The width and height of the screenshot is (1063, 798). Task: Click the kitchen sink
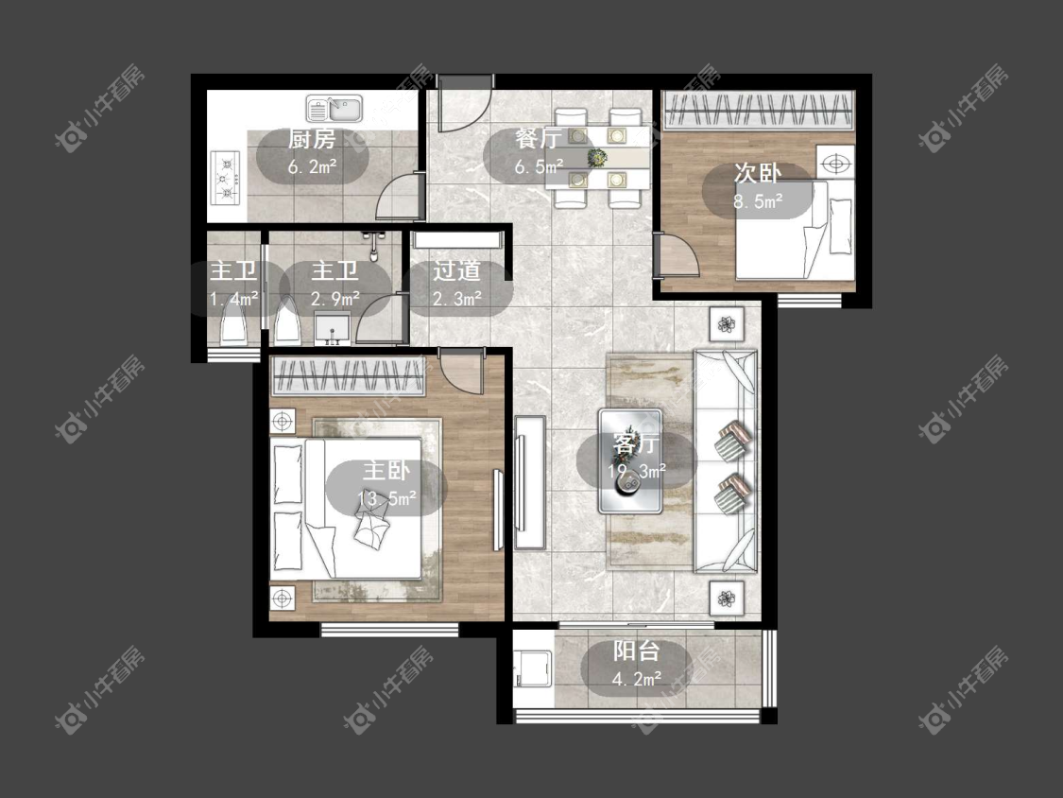tap(334, 108)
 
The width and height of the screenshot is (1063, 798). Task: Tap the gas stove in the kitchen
tap(226, 178)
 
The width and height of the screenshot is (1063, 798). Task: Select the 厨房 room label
tap(312, 139)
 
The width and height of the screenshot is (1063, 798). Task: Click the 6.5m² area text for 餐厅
tap(539, 166)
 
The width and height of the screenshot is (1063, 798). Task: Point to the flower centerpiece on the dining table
tap(597, 158)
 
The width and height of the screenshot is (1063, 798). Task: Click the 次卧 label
tap(757, 173)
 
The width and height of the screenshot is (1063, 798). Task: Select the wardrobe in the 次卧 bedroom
tap(758, 110)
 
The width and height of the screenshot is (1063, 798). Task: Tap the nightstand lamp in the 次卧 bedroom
tap(835, 164)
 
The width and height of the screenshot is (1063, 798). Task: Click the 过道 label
tap(457, 270)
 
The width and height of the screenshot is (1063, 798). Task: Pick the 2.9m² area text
tap(335, 299)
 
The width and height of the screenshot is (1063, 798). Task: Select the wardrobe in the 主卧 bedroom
tap(349, 376)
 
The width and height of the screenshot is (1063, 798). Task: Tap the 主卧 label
tap(386, 470)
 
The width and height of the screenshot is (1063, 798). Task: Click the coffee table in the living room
tap(630, 460)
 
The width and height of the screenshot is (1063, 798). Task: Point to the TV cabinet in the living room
tap(529, 482)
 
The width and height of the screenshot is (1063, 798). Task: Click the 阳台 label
tap(637, 651)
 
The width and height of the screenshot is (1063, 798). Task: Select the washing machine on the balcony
tap(532, 669)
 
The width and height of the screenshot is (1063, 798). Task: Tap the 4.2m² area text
tap(637, 679)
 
